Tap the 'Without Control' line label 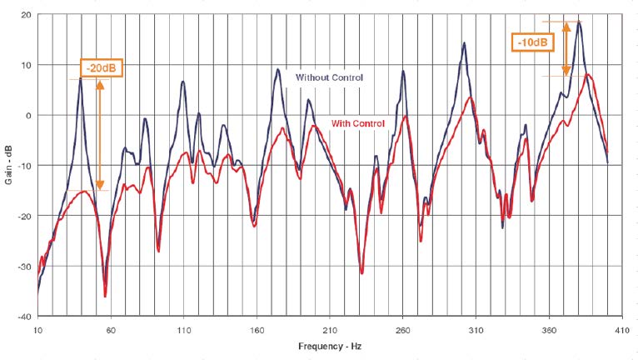click(x=329, y=77)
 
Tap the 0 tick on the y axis click(x=28, y=116)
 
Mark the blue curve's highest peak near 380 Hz click(x=579, y=22)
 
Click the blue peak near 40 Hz click(x=81, y=78)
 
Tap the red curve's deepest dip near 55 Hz click(x=105, y=296)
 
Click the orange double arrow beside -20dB click(x=100, y=133)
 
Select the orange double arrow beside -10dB click(x=566, y=48)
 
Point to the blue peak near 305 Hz click(x=464, y=42)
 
